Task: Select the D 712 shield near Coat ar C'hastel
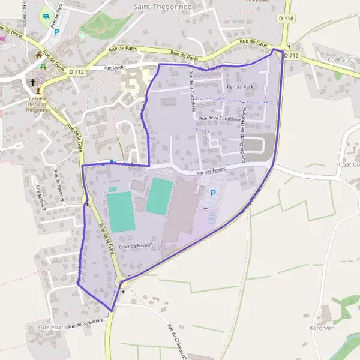292,55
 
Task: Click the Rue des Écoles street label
210,171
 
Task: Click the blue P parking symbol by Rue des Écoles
213,193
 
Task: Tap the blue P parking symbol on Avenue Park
57,32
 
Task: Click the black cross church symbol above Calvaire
33,82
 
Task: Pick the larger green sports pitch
120,212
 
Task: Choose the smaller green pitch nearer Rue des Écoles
159,196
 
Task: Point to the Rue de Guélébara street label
83,325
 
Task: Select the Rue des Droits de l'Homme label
244,148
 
